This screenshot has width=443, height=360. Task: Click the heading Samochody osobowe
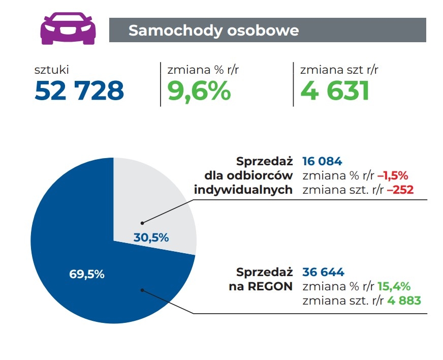pos(213,30)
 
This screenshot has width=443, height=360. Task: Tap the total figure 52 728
pos(79,91)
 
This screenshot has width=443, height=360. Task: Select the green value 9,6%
pos(199,91)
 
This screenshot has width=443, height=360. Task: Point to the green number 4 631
pos(334,91)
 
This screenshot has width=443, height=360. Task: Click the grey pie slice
pos(163,203)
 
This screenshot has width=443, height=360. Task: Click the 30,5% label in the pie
pos(151,237)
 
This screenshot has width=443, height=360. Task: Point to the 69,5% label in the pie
pos(86,274)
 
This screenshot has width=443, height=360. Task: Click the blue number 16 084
pos(322,161)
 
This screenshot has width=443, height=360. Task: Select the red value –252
pos(400,190)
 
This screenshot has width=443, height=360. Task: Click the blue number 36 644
pos(323,272)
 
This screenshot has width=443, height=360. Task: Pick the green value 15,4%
pos(394,286)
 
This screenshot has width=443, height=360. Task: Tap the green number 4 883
pos(404,301)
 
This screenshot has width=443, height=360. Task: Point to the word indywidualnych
pos(244,190)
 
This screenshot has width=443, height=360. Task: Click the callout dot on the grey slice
pos(142,223)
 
